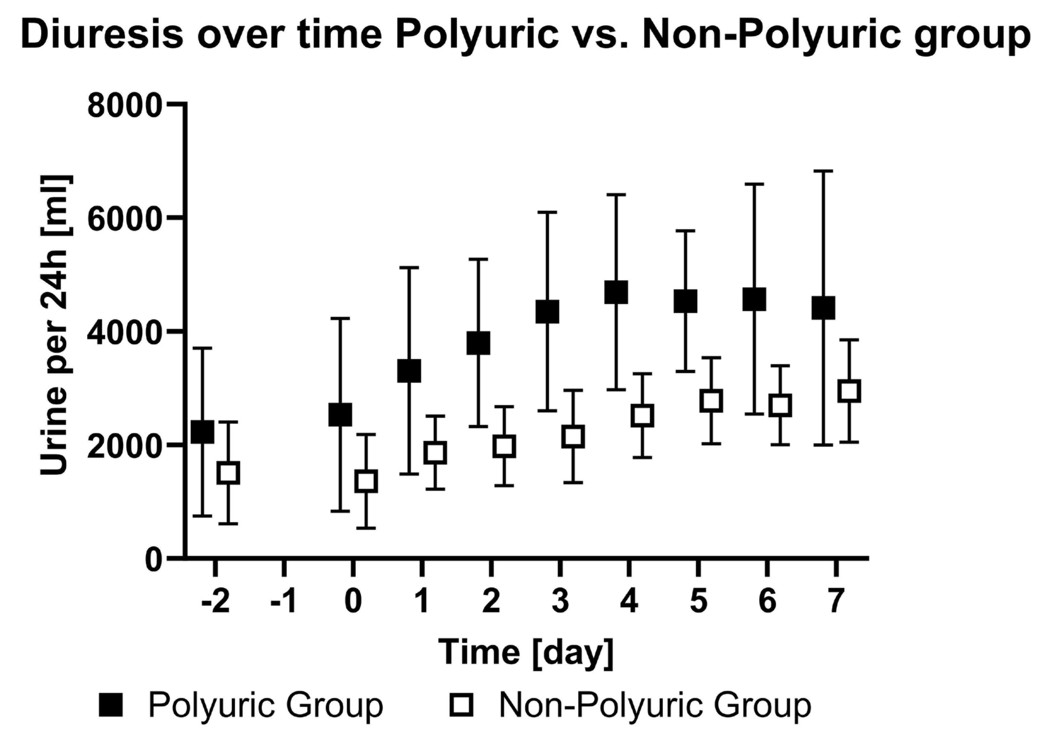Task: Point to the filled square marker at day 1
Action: (409, 371)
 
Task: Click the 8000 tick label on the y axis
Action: (124, 106)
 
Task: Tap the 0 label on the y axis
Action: (153, 560)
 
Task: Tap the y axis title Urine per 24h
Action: (55, 325)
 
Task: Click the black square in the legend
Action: (111, 705)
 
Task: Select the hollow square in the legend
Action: (461, 705)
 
